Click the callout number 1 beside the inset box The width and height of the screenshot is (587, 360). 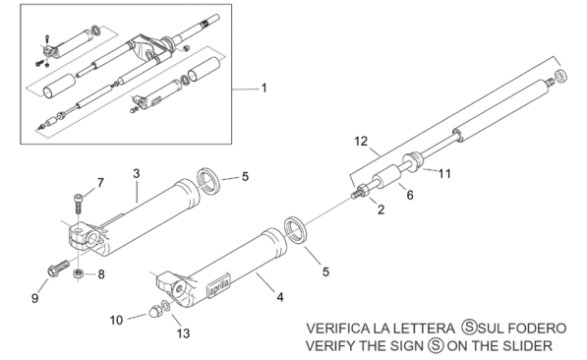pos(264,89)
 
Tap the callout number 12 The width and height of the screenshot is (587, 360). pos(361,142)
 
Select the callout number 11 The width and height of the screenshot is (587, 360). pos(444,173)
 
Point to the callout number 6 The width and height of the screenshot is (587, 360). pos(410,195)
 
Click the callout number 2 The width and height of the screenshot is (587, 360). pos(381,210)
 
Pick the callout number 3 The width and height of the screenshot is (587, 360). pos(137,173)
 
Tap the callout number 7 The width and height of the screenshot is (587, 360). pos(100,183)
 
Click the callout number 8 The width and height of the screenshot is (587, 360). pos(101,274)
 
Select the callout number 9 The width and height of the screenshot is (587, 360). pos(34,298)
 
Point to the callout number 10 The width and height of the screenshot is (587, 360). pos(116,321)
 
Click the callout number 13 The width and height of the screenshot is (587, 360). pos(184,333)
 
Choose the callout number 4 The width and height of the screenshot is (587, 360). pos(280,297)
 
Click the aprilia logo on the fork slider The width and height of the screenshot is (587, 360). pos(218,286)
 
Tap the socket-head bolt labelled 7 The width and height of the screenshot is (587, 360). pos(79,204)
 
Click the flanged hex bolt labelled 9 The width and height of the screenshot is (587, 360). pos(58,269)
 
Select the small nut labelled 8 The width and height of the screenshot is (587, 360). pos(78,273)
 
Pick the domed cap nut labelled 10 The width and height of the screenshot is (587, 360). pos(154,311)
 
